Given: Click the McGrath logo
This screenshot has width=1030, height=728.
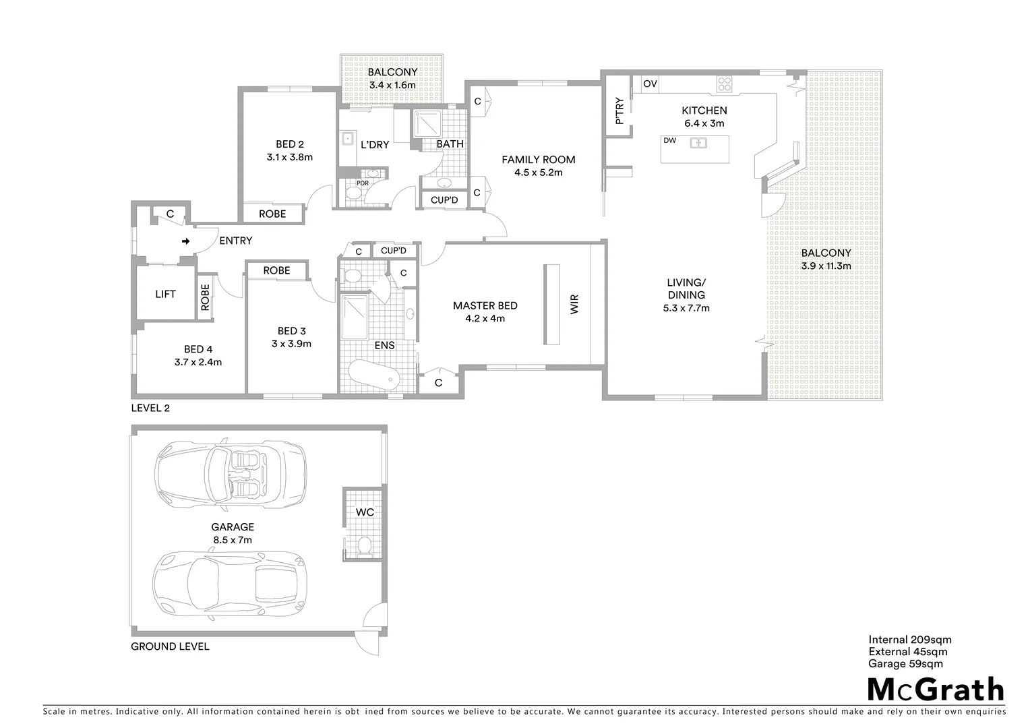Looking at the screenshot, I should (x=935, y=690).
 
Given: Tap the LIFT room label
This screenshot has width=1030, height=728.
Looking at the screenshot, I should (x=165, y=294).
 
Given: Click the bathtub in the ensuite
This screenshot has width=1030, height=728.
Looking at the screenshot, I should (x=371, y=375).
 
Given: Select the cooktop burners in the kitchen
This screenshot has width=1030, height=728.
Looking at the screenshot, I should (x=725, y=84).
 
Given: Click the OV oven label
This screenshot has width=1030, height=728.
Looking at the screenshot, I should (x=650, y=84).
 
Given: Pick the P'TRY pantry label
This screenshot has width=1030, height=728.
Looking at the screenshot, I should (x=619, y=112).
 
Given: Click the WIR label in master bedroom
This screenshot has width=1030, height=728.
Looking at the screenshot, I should (x=574, y=305).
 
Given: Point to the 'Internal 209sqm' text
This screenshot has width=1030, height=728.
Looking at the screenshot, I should (x=909, y=640).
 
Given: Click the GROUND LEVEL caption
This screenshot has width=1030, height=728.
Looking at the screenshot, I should (x=170, y=646).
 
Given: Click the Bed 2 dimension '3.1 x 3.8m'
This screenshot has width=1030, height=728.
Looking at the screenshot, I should (x=290, y=157).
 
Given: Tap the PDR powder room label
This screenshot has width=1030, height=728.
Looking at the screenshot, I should (x=363, y=183).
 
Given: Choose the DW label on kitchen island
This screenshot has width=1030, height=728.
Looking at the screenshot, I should (x=669, y=141).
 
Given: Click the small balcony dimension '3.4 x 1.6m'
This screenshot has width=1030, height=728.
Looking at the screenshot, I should (x=392, y=86).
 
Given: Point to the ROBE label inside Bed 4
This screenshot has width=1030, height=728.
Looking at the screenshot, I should (x=205, y=297).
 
